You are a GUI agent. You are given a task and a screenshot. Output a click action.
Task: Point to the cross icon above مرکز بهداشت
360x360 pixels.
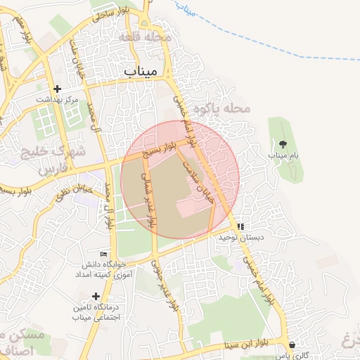coord(58,89)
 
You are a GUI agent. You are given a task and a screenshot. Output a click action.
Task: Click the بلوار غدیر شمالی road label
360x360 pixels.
coord(148,195)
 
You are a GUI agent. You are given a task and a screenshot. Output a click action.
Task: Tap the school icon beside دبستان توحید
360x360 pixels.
coord(241,227)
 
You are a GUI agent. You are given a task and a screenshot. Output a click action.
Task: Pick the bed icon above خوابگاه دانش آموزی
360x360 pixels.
coord(104,254)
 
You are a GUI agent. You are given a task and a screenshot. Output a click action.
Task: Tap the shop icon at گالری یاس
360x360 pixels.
coord(292,345)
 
